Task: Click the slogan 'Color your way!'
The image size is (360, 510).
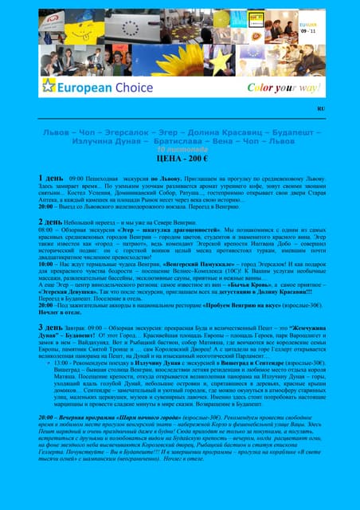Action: click(272, 87)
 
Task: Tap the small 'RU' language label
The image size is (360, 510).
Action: click(321, 108)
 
